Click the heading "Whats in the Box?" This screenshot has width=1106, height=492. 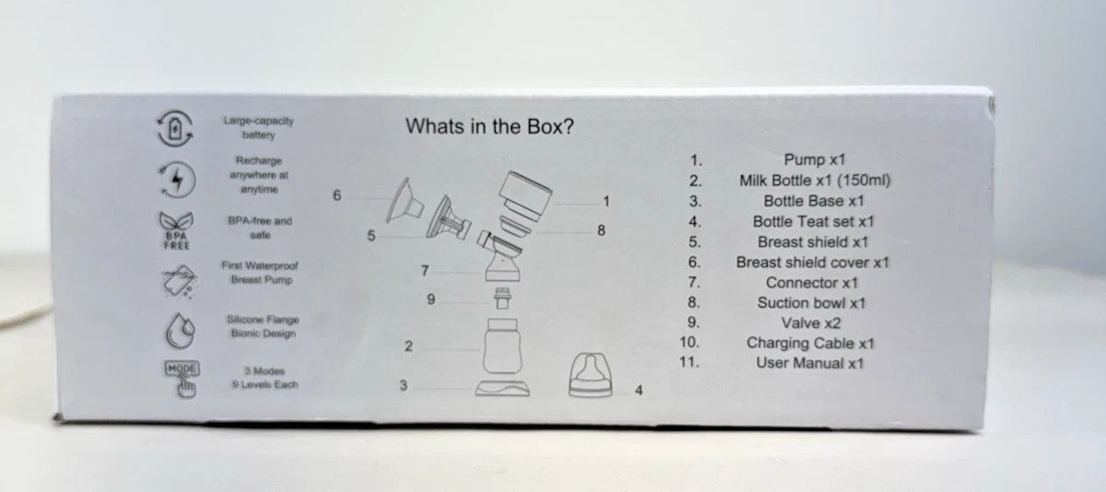point(489,126)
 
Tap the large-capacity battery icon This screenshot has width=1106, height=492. point(175,129)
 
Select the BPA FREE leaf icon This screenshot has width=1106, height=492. point(176,230)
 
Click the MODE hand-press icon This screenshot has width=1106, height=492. point(182,380)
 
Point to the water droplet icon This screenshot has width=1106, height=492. point(180,330)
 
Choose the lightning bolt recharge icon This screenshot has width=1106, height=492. point(177,179)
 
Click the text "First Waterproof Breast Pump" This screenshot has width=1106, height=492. point(260,273)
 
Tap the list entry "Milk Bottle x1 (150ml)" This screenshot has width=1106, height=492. point(815,181)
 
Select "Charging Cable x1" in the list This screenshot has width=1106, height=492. point(810,343)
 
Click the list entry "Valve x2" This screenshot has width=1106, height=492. point(811,322)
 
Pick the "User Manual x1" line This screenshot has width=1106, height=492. point(810,363)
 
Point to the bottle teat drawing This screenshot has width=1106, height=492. point(590,375)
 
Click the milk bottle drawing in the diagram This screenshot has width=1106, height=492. point(501,346)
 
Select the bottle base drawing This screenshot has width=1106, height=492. point(502,389)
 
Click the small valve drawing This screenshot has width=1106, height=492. point(502,299)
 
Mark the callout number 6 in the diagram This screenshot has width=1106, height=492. point(336,195)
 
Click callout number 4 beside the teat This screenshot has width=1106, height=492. point(639,391)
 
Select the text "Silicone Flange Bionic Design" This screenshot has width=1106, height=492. point(263,326)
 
